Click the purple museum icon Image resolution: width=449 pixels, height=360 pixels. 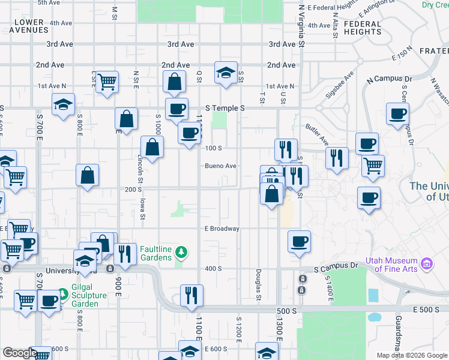point(427,263)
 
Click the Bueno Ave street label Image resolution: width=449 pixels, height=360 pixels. point(220,166)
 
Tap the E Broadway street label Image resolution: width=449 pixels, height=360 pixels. point(221,229)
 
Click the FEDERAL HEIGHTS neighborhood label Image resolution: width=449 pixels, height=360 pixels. point(363,28)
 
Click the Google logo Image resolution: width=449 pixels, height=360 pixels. point(19,353)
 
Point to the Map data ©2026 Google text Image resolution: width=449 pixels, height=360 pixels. point(412,355)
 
